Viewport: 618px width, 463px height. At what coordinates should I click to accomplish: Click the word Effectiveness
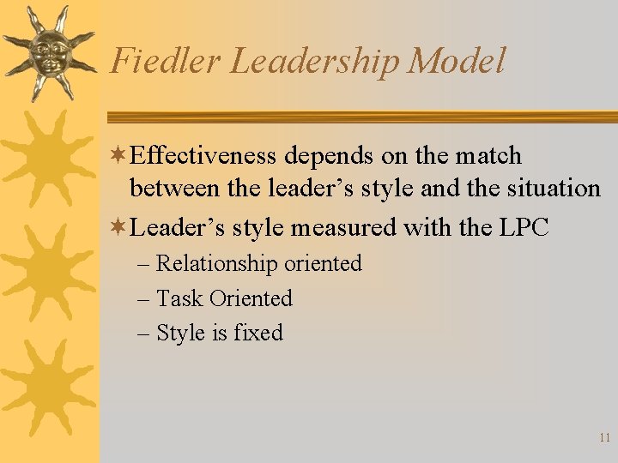point(206,156)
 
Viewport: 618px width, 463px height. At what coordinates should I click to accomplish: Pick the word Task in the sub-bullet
point(179,298)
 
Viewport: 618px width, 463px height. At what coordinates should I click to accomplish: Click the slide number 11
point(604,437)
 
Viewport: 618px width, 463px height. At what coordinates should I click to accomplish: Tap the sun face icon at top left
point(48,52)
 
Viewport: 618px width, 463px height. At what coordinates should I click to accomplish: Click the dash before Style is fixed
point(142,333)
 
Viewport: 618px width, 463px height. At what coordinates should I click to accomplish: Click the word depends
point(324,157)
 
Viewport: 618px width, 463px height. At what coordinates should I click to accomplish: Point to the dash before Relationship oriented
point(142,264)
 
